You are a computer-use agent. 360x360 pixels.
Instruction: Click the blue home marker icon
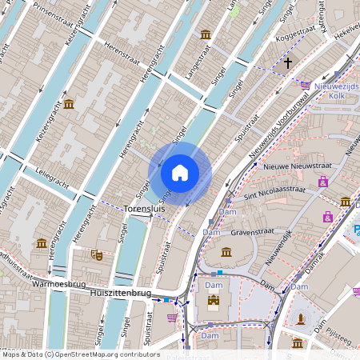tap(180, 173)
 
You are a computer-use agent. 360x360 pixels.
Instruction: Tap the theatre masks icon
tap(97, 254)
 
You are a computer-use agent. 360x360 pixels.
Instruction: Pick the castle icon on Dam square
tap(213, 302)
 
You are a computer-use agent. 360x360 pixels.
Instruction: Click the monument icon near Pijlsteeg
tap(301, 318)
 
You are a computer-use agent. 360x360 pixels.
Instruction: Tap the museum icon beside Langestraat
tap(206, 34)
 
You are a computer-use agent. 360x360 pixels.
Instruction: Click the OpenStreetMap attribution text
tap(76, 353)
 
